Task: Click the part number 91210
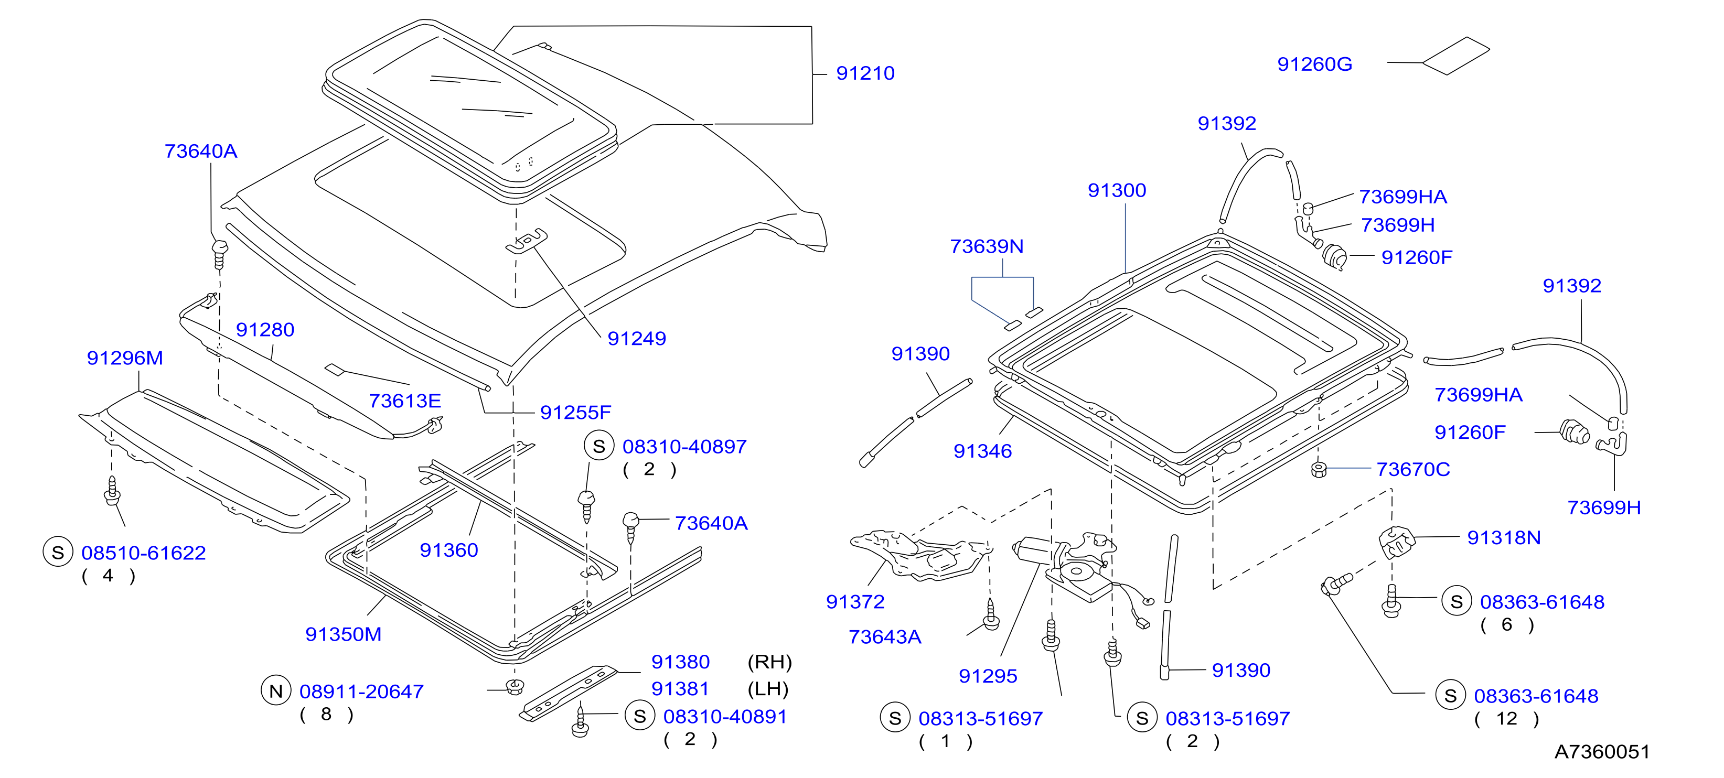[x=865, y=73]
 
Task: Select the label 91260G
[x=1314, y=64]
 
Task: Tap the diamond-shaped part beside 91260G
[x=1455, y=56]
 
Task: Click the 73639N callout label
[x=987, y=247]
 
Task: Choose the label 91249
[x=636, y=339]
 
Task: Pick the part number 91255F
[x=575, y=413]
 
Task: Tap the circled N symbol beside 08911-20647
[x=276, y=691]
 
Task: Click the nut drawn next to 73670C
[x=1319, y=470]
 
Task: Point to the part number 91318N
[x=1504, y=538]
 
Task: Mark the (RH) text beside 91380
[x=769, y=662]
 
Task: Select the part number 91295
[x=988, y=676]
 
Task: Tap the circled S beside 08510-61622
[x=58, y=553]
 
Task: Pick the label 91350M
[x=344, y=634]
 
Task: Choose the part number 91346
[x=982, y=451]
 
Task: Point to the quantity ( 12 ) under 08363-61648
[x=1506, y=719]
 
